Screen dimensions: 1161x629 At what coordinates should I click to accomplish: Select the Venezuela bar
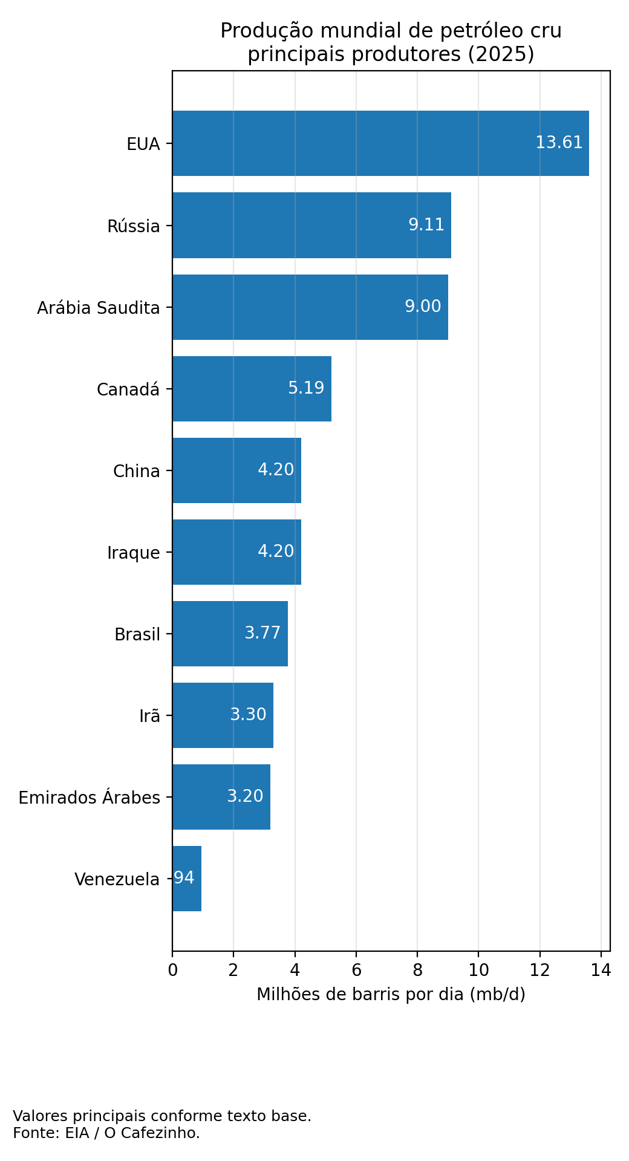(187, 878)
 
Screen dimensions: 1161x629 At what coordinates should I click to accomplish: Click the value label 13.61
(559, 143)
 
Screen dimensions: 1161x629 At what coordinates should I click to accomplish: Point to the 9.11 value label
(426, 225)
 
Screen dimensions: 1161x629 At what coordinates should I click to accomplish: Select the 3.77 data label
(262, 633)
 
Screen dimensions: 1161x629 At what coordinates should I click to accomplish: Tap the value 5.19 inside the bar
(306, 388)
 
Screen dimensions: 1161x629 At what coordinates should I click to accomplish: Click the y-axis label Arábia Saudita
(99, 308)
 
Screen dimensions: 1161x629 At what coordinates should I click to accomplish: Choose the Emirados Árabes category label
(90, 798)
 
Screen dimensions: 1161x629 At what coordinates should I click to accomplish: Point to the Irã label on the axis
(150, 716)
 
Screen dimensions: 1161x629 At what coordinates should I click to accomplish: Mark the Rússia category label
(134, 226)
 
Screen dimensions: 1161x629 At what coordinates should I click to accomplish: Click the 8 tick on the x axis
(417, 971)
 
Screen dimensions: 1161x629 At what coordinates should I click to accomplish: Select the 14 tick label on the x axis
(601, 971)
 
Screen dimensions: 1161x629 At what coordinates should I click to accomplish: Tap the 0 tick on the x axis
(172, 971)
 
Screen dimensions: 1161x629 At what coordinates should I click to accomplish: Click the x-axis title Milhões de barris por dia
(391, 994)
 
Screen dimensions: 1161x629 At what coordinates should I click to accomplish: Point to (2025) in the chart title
(501, 54)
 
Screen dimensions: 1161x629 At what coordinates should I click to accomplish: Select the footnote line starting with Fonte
(106, 1133)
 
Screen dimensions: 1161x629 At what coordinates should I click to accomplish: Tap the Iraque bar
(236, 552)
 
